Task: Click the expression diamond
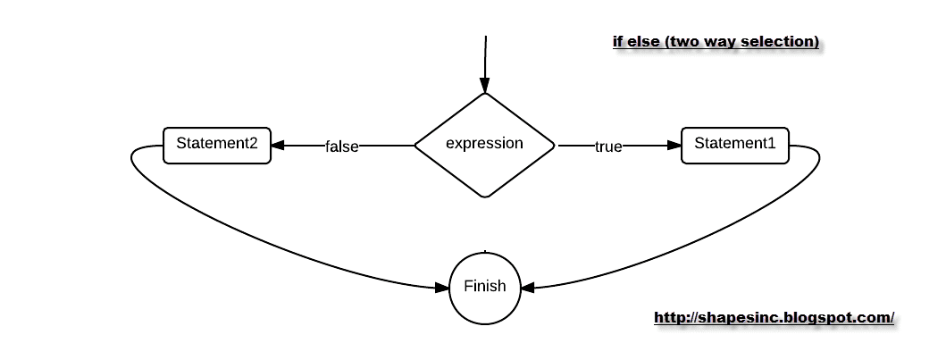point(485,165)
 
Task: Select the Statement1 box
point(735,145)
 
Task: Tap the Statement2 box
point(216,145)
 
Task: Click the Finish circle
point(484,287)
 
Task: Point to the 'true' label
point(608,147)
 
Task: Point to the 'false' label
point(341,147)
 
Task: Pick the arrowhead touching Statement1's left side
point(674,146)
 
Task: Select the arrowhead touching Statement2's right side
point(278,146)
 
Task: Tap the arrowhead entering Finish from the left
point(442,288)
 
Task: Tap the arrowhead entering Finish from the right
point(527,288)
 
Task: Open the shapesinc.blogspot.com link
point(774,317)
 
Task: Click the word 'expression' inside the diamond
point(484,143)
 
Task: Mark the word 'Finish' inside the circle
point(484,287)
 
